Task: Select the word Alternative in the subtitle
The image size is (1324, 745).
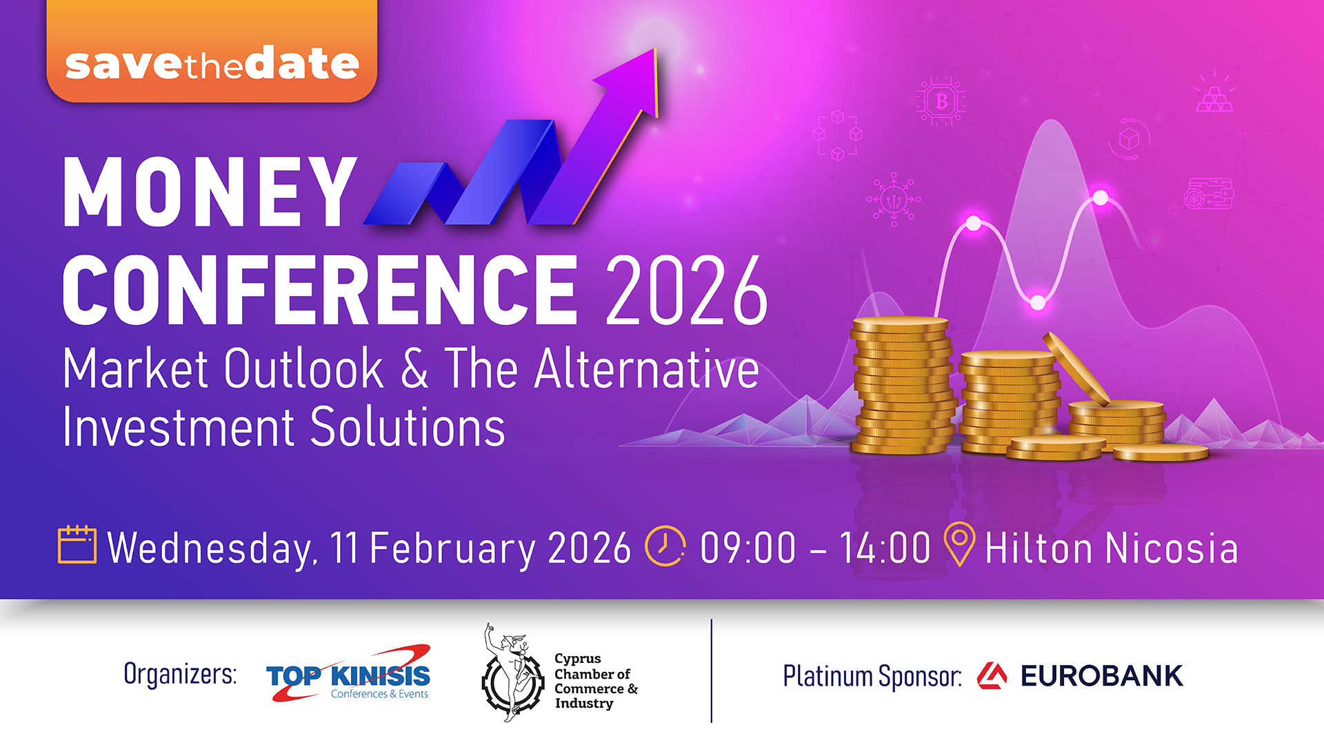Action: click(x=647, y=369)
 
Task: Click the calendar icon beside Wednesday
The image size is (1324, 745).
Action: click(x=77, y=545)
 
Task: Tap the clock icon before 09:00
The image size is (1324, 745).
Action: click(x=665, y=546)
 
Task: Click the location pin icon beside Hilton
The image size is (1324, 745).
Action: click(x=959, y=544)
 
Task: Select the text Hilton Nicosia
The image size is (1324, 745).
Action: click(x=1111, y=548)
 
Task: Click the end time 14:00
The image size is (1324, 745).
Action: click(x=885, y=548)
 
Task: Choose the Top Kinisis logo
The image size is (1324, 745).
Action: click(x=349, y=674)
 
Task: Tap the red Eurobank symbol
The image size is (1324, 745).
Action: click(x=992, y=676)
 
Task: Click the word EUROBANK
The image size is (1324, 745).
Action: click(x=1101, y=676)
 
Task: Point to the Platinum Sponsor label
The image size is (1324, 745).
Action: click(x=872, y=677)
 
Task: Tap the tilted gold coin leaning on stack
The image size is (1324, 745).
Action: click(x=1076, y=369)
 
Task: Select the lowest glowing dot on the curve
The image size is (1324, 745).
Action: click(x=1038, y=302)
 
